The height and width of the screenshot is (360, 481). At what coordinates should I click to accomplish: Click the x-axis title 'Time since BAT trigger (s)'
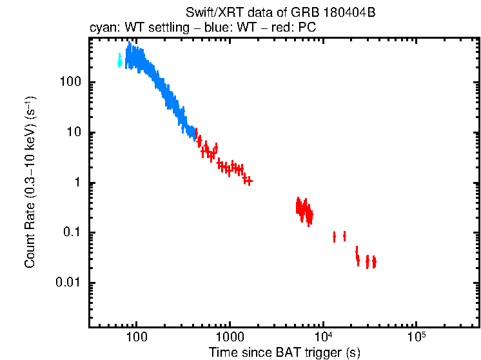tap(284, 353)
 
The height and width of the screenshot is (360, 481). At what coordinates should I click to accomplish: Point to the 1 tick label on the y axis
tap(76, 183)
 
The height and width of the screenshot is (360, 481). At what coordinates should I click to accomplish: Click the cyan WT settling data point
tap(119, 61)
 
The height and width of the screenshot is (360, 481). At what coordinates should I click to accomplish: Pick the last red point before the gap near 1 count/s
tap(248, 181)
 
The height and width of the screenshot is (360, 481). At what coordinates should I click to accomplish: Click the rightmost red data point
tap(374, 262)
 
